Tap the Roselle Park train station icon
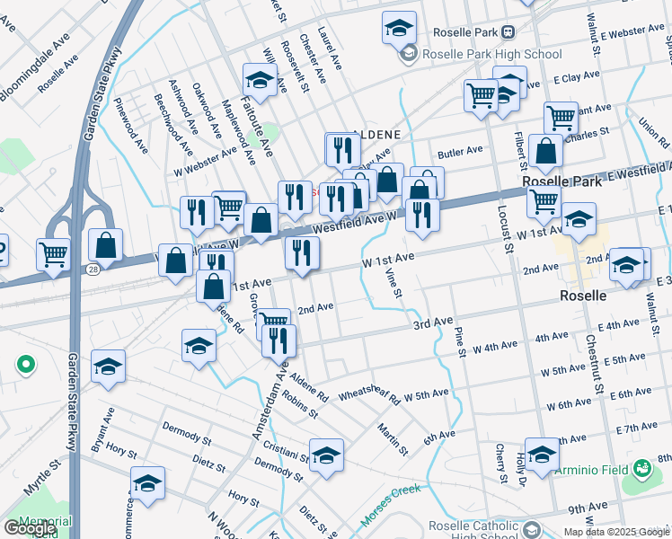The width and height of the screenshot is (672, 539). click(x=508, y=31)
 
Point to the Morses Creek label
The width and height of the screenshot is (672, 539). click(x=391, y=506)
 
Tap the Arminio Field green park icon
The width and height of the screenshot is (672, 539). click(x=641, y=469)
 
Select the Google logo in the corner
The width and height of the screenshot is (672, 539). click(x=30, y=528)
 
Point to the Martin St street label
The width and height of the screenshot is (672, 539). click(x=393, y=437)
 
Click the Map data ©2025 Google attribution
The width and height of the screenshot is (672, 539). click(x=615, y=532)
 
